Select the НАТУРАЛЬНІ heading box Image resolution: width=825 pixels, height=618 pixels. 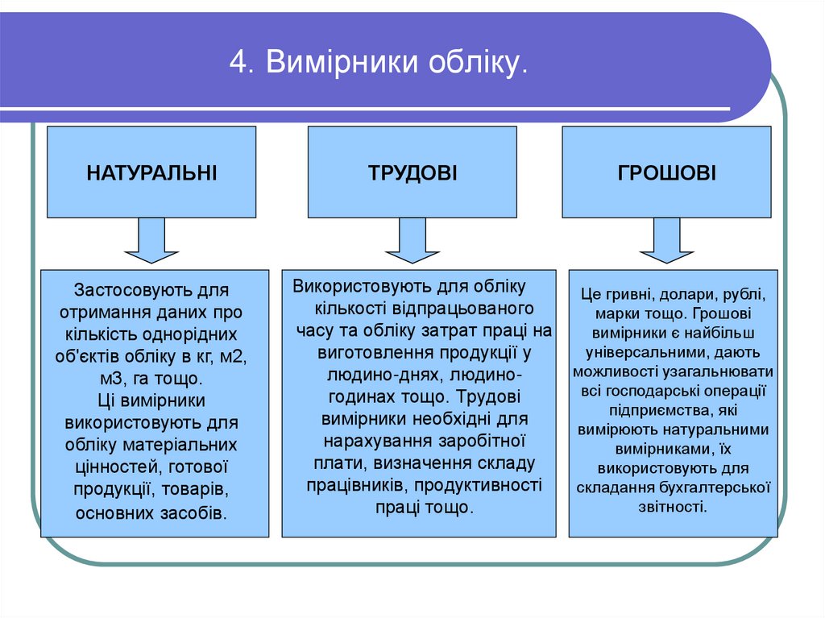151,172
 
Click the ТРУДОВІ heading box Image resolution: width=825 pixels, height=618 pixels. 412,172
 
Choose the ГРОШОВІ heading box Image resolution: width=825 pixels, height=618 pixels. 667,172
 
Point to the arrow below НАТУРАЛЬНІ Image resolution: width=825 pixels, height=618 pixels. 151,241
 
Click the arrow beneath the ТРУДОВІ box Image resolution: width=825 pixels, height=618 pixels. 412,241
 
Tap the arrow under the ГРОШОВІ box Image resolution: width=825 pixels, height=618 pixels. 667,241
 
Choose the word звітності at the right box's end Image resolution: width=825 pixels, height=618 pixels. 672,507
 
